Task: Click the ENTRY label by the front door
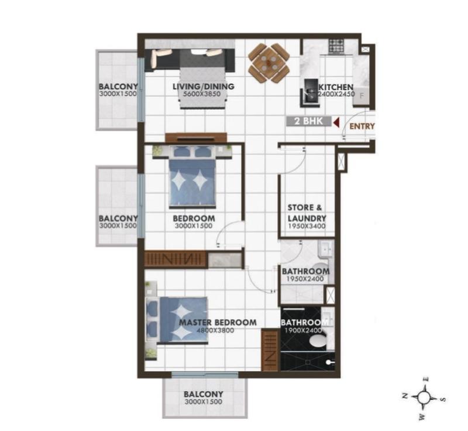362,126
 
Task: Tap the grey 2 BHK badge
309,121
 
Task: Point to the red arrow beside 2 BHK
337,122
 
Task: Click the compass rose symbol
423,398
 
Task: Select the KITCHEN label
336,87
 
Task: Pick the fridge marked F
362,96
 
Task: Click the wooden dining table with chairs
269,64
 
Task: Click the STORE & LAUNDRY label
307,213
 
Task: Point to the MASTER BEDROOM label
218,323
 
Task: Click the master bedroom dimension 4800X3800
215,330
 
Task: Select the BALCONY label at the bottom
203,394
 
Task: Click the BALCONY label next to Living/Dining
118,87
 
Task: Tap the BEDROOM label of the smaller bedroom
194,218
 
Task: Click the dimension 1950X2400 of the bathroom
305,279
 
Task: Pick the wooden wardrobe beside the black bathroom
271,350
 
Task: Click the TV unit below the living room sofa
195,138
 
